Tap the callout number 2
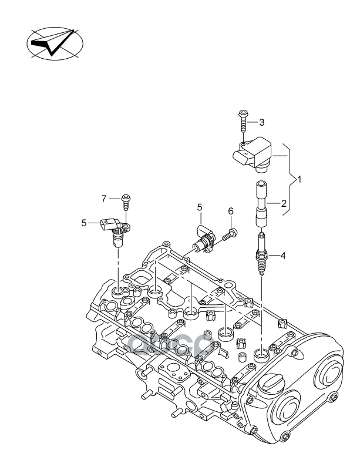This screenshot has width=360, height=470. (283, 204)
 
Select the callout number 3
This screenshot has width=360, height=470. (261, 122)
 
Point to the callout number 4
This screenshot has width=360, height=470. (283, 256)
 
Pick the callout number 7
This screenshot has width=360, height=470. (103, 199)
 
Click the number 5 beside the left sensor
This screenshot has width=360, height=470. (83, 223)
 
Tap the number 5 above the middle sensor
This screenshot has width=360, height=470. (200, 207)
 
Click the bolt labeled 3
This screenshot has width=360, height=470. (242, 123)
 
